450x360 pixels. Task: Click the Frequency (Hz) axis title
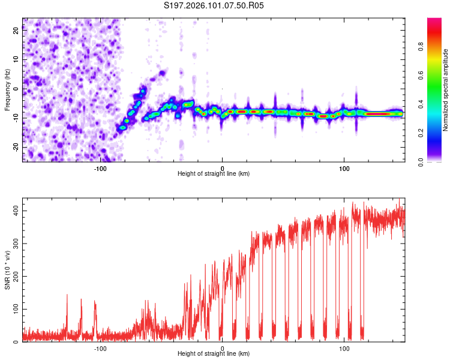[7, 90]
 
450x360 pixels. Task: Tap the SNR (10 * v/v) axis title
[7, 270]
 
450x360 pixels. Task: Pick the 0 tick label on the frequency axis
[16, 89]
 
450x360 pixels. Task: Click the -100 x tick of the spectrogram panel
[100, 169]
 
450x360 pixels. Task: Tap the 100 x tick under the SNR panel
[344, 349]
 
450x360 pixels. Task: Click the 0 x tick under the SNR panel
[222, 349]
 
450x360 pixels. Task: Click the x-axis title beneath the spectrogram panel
[214, 174]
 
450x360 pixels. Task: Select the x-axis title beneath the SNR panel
[214, 354]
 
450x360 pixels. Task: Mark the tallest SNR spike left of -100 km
[67, 295]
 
